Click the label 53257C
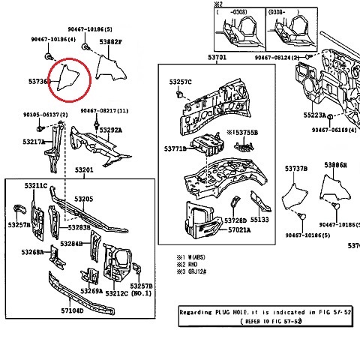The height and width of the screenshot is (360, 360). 180,81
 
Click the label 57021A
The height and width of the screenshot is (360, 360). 238,230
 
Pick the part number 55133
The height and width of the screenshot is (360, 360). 259,220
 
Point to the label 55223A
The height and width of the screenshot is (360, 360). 315,115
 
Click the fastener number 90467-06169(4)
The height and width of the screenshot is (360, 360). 333,130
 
